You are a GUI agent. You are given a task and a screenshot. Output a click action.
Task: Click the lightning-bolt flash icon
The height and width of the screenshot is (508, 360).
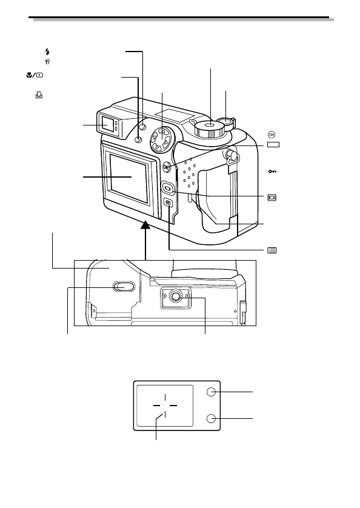tap(48, 52)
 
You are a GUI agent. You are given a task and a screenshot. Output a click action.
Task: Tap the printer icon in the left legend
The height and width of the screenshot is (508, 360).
tap(39, 95)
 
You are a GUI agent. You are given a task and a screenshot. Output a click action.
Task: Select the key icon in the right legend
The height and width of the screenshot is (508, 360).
tap(272, 171)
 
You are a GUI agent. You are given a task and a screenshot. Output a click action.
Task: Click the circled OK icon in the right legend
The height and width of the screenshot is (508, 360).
tap(272, 135)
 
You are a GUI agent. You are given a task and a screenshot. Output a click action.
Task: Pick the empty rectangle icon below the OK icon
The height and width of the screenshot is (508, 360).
tap(273, 144)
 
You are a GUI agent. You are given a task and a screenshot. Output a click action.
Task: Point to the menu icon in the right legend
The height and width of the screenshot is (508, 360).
tap(272, 250)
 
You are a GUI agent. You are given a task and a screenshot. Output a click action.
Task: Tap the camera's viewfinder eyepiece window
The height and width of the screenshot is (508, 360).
tap(105, 123)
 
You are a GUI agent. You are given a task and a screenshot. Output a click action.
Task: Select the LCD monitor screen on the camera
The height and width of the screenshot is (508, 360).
tap(128, 178)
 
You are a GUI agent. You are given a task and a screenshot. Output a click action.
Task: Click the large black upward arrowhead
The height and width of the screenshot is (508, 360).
tap(146, 224)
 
